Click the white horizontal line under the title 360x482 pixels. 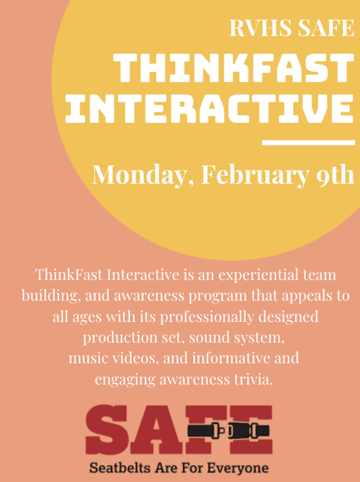(x=309, y=143)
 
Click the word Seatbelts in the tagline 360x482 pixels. (x=117, y=467)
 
